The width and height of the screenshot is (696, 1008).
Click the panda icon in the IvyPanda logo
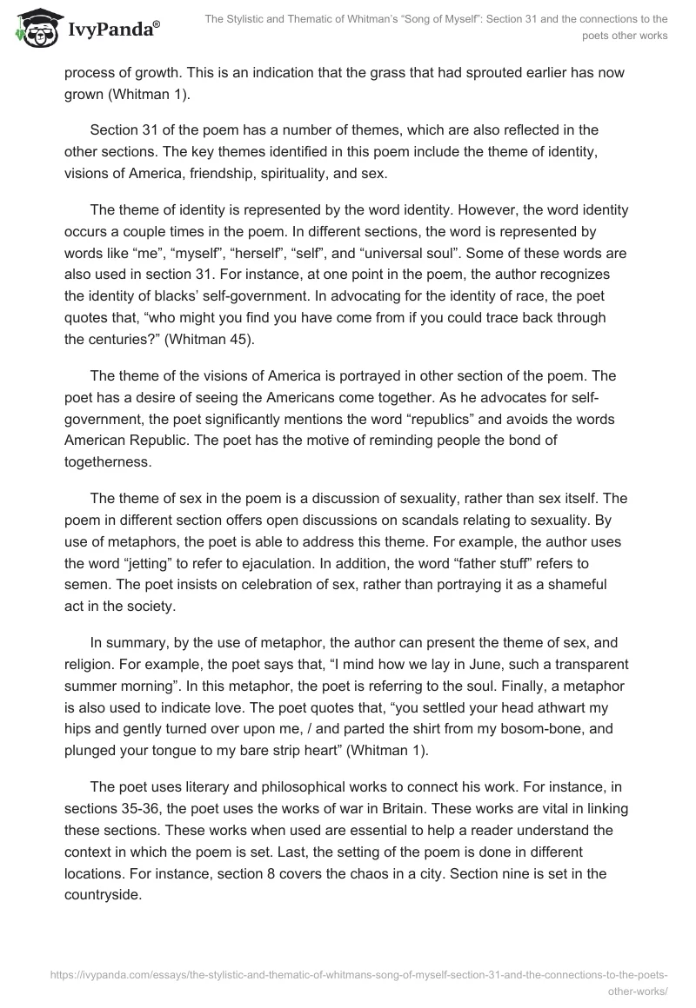[x=36, y=27]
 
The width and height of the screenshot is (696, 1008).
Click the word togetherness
[x=108, y=461]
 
